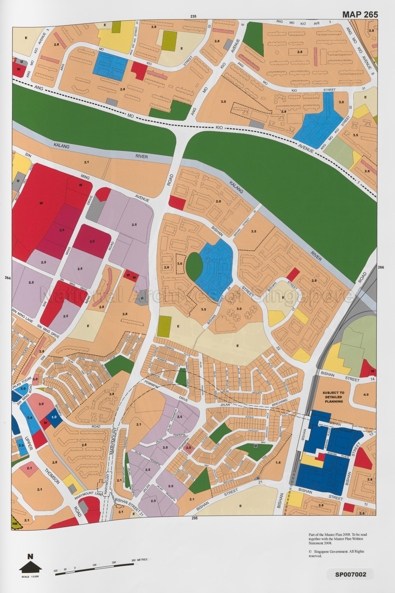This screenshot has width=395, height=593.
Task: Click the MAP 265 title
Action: click(x=360, y=15)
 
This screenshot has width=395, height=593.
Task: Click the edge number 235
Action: click(x=193, y=16)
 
